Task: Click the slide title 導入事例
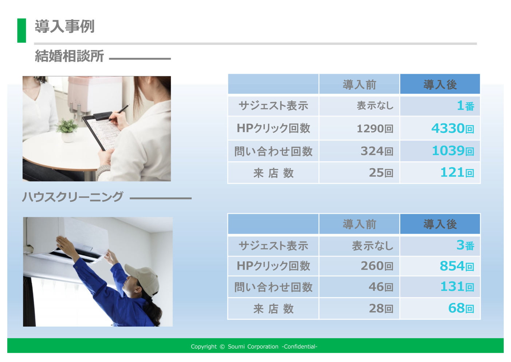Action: (x=64, y=27)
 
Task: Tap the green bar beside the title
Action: (x=22, y=30)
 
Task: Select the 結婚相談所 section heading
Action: (x=69, y=56)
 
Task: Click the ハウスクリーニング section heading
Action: (x=73, y=197)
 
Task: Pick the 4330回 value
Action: (x=453, y=128)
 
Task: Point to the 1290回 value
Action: (x=375, y=129)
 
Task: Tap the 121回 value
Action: (x=457, y=173)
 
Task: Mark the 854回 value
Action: (x=457, y=266)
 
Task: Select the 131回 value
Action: (x=457, y=287)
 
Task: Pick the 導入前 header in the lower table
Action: (x=359, y=224)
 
